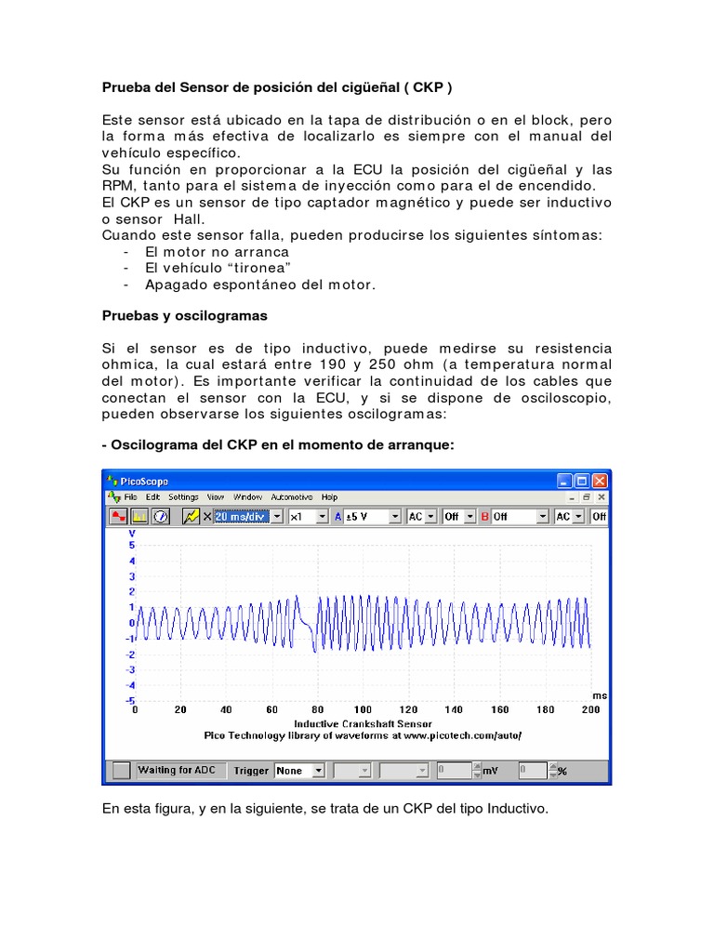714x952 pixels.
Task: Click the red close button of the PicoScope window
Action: pos(600,481)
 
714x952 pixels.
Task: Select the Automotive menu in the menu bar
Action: pos(291,497)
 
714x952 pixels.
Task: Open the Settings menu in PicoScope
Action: pos(183,497)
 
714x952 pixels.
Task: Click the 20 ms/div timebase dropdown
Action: pos(247,516)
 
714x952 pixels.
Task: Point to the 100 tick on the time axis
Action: pos(363,709)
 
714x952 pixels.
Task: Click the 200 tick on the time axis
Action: pos(589,709)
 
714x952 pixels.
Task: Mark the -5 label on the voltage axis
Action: pos(131,699)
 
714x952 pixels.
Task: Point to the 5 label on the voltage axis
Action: pos(133,546)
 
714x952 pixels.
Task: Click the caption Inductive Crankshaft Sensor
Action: pos(363,722)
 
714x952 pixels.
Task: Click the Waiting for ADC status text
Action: pos(177,770)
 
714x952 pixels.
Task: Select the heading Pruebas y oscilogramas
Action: pos(184,315)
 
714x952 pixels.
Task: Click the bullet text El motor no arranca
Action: pos(218,252)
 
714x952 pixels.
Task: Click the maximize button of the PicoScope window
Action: pos(582,481)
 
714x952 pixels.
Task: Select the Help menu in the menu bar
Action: pos(329,497)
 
